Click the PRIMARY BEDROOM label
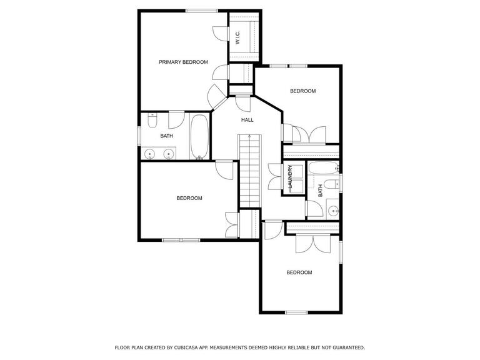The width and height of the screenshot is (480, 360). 183,62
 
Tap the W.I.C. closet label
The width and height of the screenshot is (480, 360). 238,37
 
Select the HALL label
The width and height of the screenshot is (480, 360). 247,120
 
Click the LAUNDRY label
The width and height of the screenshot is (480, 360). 290,177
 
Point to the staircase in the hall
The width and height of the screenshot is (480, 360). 250,171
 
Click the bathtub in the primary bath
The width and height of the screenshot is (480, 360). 199,136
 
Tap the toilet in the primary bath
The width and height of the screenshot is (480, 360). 152,120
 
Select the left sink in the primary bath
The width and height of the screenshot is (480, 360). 150,154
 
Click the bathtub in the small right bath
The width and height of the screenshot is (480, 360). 323,167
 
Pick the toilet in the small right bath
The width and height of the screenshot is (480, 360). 331,184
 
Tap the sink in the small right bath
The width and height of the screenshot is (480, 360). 333,211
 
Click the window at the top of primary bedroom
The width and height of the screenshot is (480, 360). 202,11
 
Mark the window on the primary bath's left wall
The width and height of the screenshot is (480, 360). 139,136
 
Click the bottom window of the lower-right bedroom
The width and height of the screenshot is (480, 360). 296,312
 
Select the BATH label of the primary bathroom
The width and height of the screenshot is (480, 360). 166,136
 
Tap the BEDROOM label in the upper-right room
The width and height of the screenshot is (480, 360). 302,91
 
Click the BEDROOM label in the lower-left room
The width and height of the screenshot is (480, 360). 189,198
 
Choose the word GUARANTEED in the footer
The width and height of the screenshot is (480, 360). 349,347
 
